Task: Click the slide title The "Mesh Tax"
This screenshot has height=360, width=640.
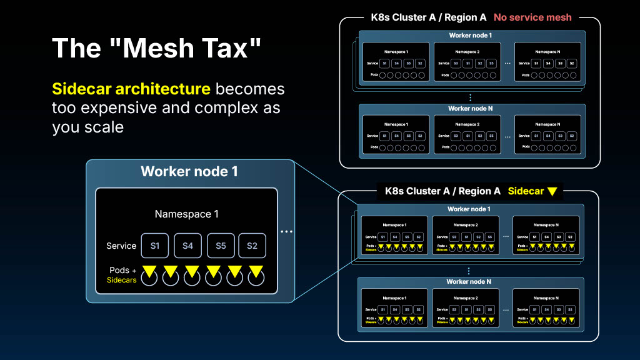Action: pos(156,49)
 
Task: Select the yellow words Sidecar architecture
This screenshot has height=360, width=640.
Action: pos(131,89)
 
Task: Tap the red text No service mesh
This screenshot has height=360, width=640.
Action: pos(532,17)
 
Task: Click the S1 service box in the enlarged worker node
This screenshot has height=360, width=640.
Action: pos(155,246)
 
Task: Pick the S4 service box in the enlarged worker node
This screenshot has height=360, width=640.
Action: pos(188,246)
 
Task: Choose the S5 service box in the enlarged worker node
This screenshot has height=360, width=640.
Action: pos(221,246)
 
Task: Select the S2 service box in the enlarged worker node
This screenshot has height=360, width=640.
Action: pos(252,246)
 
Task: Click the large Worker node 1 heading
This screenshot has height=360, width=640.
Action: pos(189,171)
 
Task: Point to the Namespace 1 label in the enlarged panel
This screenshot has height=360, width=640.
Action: pos(187,214)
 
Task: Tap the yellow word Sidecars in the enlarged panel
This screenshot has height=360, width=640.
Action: pos(122,280)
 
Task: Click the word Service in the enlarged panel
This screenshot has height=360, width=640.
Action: pos(121,246)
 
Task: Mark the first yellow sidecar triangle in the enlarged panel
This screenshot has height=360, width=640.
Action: pos(149,271)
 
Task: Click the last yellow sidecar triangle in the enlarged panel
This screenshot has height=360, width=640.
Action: pos(256,271)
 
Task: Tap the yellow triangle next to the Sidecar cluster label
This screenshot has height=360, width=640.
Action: pos(552,191)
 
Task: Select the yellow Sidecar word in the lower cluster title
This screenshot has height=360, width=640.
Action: pos(526,191)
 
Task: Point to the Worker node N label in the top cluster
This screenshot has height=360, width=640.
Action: pos(471,109)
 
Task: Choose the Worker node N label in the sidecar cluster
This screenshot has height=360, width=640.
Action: pos(469,282)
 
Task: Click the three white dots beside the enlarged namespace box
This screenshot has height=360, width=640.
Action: pos(286,232)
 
